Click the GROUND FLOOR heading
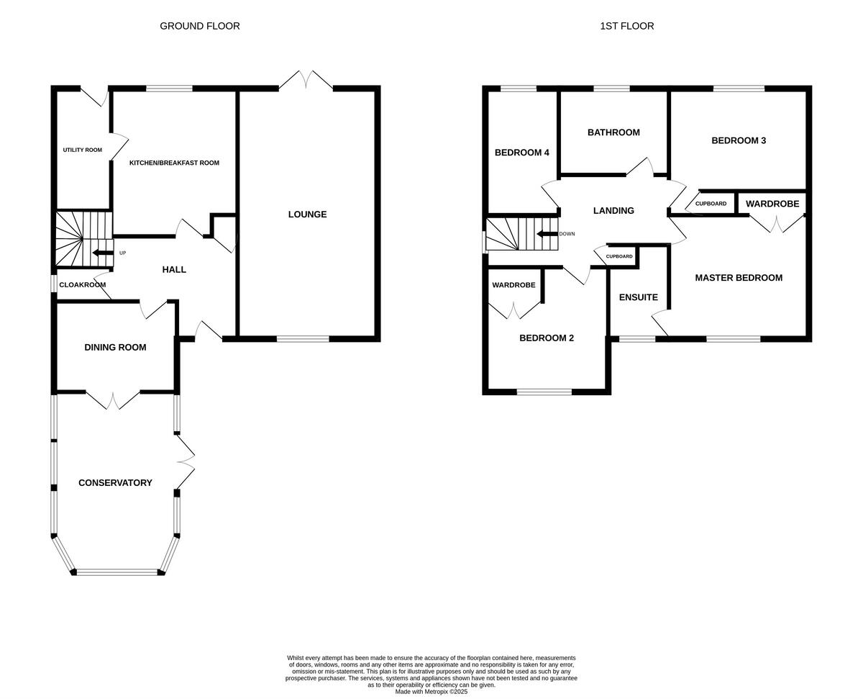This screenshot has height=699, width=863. click(x=200, y=26)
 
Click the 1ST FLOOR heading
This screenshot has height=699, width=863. click(x=627, y=26)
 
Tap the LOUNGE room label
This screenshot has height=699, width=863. click(x=307, y=215)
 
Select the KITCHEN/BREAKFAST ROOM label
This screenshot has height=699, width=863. click(x=174, y=163)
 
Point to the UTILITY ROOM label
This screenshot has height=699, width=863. click(x=82, y=150)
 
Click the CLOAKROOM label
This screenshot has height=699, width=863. click(x=82, y=285)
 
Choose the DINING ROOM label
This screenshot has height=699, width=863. click(x=115, y=348)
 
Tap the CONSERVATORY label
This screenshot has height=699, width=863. click(x=115, y=483)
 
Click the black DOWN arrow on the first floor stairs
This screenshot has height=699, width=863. click(x=547, y=234)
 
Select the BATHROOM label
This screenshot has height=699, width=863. click(x=613, y=132)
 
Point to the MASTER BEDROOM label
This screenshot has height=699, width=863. click(x=739, y=278)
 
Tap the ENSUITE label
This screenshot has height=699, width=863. click(x=639, y=297)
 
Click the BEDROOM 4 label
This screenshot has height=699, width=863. click(x=522, y=153)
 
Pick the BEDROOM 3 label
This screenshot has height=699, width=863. click(x=739, y=140)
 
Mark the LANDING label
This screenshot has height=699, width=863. click(x=613, y=211)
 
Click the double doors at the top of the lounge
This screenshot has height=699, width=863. click(x=306, y=81)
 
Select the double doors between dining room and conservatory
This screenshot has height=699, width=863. click(x=113, y=400)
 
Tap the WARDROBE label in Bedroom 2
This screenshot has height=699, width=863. click(x=513, y=285)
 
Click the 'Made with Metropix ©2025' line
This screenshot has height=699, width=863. click(x=431, y=692)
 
